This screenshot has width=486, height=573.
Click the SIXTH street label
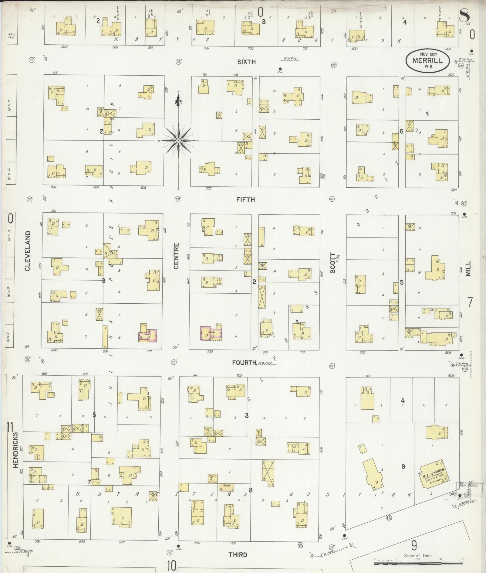tap(246, 62)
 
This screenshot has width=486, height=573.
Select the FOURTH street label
tap(244, 363)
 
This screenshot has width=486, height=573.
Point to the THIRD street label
tap(238, 555)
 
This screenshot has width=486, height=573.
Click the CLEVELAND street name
tap(28, 251)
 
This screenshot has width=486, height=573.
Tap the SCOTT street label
tap(333, 263)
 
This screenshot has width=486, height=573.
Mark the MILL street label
tap(469, 268)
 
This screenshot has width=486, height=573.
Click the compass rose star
tap(179, 141)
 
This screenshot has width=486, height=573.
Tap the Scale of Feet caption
tap(418, 556)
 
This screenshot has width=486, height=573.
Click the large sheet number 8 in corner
tap(464, 15)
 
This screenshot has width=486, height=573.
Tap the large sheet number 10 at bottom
tap(171, 566)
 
